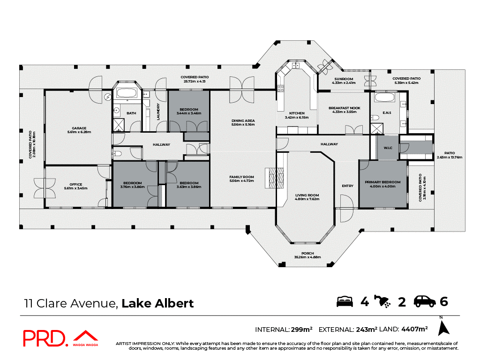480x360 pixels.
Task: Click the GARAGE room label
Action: (78, 128)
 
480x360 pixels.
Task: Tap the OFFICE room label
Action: (75, 185)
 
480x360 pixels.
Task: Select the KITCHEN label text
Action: (297, 113)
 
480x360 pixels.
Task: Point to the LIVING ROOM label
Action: (307, 195)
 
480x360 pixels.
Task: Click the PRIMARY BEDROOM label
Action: (383, 182)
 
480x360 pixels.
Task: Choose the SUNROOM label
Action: (344, 79)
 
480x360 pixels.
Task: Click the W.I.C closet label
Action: (388, 148)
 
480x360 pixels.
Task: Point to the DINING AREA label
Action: (242, 121)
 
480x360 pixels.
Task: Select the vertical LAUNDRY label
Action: (158, 112)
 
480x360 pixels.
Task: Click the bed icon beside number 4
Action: (345, 301)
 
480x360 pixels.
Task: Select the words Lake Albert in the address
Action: (157, 303)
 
